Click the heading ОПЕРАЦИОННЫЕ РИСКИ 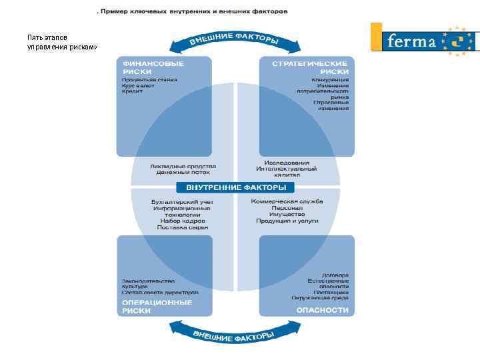(x=157, y=306)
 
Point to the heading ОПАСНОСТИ (x=323, y=310)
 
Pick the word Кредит (x=132, y=91)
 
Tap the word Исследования (x=287, y=163)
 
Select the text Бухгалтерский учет (x=181, y=201)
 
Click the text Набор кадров (x=183, y=221)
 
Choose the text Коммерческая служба (x=287, y=201)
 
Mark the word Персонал (x=287, y=208)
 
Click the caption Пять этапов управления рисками (x=61, y=43)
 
